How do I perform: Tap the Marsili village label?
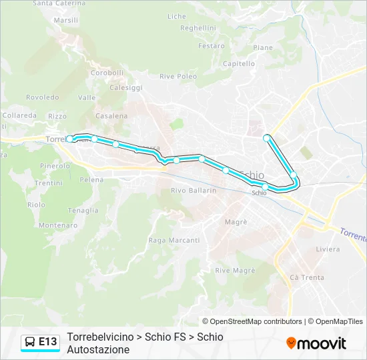tap(66, 21)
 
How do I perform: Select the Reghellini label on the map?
tap(198, 28)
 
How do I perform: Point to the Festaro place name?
tap(212, 46)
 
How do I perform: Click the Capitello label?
tap(239, 64)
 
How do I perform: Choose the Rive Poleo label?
tap(178, 77)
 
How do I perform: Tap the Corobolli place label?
tap(107, 73)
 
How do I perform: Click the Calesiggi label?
tap(126, 87)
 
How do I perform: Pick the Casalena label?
tap(111, 116)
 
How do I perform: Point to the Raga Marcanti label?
tap(173, 240)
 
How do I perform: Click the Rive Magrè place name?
tap(235, 270)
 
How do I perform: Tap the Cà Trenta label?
tap(307, 277)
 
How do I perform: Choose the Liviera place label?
tap(327, 249)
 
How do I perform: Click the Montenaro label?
tap(57, 225)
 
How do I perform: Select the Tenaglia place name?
tap(83, 211)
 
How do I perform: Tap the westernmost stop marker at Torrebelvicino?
tap(69, 139)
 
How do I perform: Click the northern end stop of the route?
tap(267, 138)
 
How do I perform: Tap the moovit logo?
tap(316, 343)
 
